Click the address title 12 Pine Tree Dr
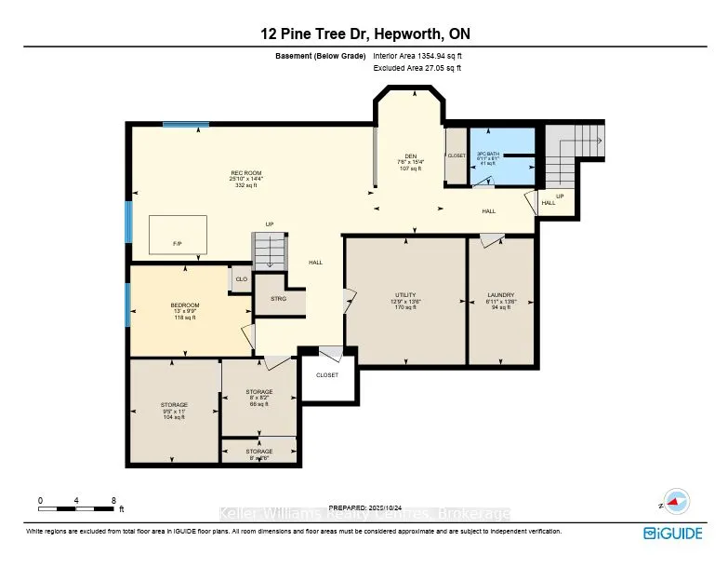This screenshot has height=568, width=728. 364,34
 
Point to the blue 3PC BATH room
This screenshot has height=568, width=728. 502,156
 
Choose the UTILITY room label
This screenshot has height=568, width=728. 404,301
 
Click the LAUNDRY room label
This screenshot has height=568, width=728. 501,301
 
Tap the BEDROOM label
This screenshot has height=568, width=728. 185,311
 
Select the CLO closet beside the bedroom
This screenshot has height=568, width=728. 241,279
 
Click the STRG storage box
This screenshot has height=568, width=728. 278,298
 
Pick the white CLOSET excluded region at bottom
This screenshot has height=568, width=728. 326,374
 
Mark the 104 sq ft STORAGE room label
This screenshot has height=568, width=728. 174,411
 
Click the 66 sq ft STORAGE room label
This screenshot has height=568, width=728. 258,398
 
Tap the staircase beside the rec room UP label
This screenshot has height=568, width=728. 268,251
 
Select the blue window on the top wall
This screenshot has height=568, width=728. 179,124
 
